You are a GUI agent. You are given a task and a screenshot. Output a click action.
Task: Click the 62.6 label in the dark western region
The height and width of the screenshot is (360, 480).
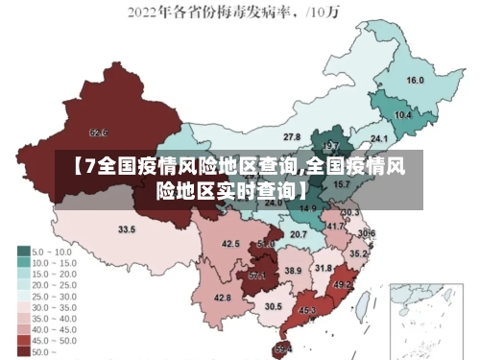click(98, 132)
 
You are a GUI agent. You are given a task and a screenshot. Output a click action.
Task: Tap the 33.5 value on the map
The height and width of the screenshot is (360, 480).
click(127, 229)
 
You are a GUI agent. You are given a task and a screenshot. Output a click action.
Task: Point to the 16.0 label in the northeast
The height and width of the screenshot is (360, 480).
click(415, 80)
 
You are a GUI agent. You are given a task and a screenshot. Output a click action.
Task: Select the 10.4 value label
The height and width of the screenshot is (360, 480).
click(403, 114)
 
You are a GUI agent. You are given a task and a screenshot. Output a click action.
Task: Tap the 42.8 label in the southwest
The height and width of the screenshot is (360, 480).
click(223, 299)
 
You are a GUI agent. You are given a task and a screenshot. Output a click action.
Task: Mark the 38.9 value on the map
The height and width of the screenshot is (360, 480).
click(293, 272)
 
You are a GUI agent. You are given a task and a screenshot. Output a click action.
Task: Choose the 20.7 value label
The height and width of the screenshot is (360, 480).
click(299, 233)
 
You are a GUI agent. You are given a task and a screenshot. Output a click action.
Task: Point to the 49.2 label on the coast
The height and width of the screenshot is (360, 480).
click(342, 285)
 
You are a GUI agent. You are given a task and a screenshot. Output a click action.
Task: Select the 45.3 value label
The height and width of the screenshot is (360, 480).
click(307, 310)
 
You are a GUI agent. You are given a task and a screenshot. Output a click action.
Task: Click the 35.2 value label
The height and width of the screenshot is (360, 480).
click(357, 254)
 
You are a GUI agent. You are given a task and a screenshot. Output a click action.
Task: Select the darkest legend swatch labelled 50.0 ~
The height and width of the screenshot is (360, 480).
click(24, 353)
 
